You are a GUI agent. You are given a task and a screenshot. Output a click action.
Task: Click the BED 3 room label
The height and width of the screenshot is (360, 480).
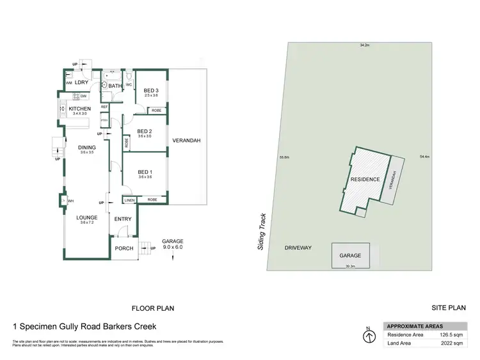151,90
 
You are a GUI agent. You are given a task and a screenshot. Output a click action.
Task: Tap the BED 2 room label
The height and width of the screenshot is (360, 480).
145,131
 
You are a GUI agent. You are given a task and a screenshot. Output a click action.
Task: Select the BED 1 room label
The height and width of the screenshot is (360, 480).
145,172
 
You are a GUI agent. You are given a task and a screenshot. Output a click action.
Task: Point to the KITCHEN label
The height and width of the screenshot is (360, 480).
80,109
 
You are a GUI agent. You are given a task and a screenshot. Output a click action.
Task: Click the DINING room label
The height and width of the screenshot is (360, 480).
87,148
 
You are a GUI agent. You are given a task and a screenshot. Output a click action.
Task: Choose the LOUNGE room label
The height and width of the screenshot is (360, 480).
87,217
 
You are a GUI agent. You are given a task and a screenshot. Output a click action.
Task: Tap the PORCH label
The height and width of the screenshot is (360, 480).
124,248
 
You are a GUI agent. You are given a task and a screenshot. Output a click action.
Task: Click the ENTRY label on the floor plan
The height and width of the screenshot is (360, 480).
123,219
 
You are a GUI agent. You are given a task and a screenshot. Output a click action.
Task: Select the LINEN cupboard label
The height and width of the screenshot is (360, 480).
130,200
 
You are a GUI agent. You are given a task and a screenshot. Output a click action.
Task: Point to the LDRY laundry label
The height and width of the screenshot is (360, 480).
81,82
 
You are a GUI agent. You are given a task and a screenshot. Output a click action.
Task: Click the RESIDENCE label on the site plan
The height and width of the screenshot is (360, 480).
365,180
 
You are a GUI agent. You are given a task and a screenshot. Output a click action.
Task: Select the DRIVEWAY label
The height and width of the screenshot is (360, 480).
298,247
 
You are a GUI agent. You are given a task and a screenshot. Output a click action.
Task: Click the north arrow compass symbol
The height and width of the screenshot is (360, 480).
368,335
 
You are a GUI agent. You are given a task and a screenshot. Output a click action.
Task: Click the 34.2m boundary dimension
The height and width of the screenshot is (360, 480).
365,45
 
